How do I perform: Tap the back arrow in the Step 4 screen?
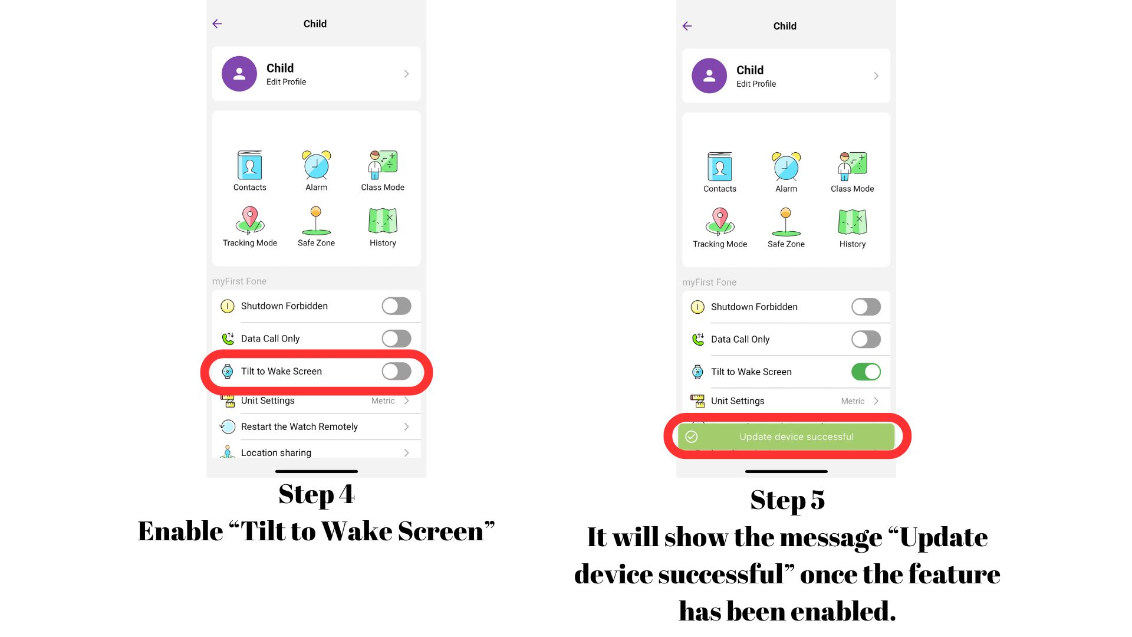click(217, 24)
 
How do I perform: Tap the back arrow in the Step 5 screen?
click(687, 26)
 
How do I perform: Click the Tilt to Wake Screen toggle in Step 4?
click(396, 371)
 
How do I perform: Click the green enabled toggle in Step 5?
click(866, 372)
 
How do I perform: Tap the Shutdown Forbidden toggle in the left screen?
click(396, 306)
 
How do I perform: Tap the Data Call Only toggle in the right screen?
click(866, 339)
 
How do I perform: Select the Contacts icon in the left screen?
click(250, 165)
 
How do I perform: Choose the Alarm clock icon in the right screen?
click(787, 166)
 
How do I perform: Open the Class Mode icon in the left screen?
click(383, 165)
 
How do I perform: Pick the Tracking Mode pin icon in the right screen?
click(720, 222)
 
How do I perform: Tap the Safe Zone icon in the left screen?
click(317, 221)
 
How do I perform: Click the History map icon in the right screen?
click(853, 222)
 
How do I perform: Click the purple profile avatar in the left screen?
click(239, 74)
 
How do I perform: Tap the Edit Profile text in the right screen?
click(756, 84)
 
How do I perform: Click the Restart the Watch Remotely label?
click(300, 426)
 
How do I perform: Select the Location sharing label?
click(276, 452)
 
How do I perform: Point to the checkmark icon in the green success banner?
click(692, 436)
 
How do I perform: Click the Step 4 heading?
click(317, 494)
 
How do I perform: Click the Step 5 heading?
click(787, 500)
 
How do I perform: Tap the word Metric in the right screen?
click(853, 401)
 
